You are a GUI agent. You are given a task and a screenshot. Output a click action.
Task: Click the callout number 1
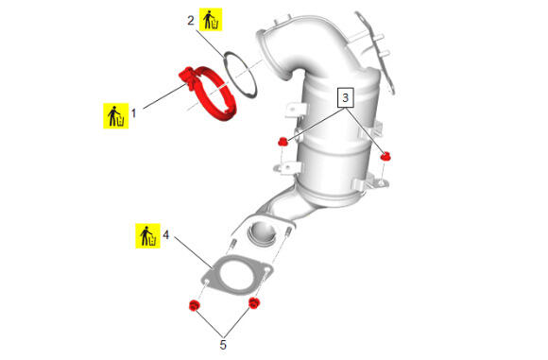(x=133, y=113)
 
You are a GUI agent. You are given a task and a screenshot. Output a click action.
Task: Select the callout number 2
(x=191, y=20)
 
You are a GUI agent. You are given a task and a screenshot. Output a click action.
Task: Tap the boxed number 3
(x=345, y=97)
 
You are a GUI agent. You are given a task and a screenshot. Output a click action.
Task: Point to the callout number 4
(x=165, y=234)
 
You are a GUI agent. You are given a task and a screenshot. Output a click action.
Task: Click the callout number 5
(x=223, y=345)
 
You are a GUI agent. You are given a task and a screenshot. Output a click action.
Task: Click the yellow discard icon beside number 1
(x=115, y=115)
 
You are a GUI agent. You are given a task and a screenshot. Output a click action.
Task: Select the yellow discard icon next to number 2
(x=211, y=20)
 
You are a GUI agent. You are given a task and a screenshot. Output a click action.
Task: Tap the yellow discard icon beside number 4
(x=147, y=236)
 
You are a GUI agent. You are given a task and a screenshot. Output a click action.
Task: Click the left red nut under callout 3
(x=283, y=142)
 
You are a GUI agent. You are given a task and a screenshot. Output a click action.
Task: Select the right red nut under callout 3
(x=385, y=156)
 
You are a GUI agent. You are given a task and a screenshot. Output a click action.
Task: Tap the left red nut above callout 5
(x=194, y=305)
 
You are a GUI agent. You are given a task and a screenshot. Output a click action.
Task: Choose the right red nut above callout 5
(x=254, y=303)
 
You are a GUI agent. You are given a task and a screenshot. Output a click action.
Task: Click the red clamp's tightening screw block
(x=186, y=77)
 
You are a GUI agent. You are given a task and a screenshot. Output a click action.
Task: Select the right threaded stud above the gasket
(x=289, y=231)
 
